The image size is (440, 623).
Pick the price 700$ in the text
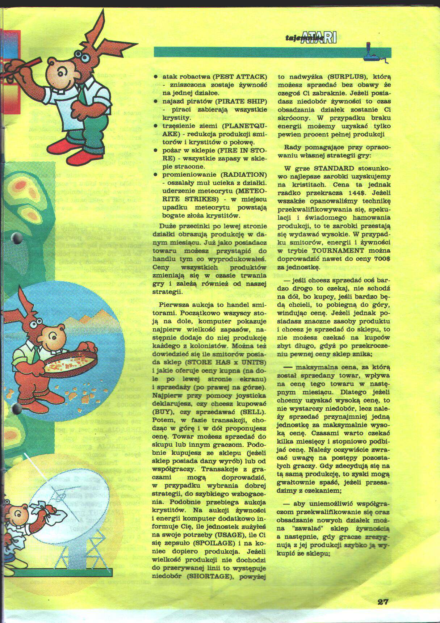379,259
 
